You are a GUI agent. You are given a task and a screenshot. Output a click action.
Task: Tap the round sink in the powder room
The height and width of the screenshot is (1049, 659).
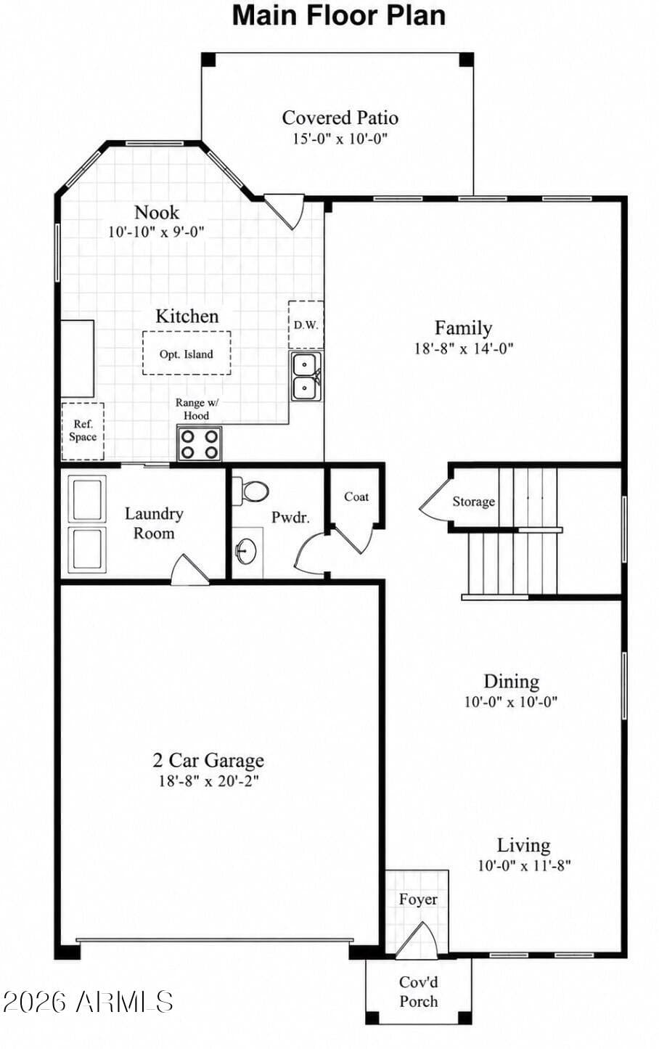[246, 550]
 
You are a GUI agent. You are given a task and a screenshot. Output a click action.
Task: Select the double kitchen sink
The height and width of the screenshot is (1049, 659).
[306, 377]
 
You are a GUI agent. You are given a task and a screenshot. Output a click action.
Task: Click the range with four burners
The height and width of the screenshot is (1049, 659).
[200, 444]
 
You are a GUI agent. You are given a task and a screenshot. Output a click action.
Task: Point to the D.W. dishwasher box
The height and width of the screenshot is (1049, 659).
[306, 325]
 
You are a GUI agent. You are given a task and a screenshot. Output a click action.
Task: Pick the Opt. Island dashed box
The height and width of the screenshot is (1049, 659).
[187, 353]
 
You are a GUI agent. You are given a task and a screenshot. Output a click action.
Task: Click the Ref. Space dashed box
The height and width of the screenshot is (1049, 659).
[83, 430]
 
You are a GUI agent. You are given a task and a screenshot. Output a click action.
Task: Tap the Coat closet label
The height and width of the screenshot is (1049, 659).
[356, 497]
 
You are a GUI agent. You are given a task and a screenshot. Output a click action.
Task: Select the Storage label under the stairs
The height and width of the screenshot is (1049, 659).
[474, 502]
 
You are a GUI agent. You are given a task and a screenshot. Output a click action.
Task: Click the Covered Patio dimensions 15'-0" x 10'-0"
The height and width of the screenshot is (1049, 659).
[340, 139]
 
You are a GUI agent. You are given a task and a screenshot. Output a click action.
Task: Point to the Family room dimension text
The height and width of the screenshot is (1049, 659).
[464, 348]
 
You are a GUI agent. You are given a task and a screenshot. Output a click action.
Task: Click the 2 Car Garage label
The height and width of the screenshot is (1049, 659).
[208, 759]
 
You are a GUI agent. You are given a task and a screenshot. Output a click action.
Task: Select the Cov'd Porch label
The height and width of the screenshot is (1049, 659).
[419, 992]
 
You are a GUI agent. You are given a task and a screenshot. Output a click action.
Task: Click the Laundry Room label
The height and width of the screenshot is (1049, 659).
[154, 523]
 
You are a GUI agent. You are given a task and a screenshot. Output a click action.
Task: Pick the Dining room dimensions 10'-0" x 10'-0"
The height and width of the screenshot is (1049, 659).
[511, 702]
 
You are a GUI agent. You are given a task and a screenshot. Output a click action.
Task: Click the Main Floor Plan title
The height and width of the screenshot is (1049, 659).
[339, 16]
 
